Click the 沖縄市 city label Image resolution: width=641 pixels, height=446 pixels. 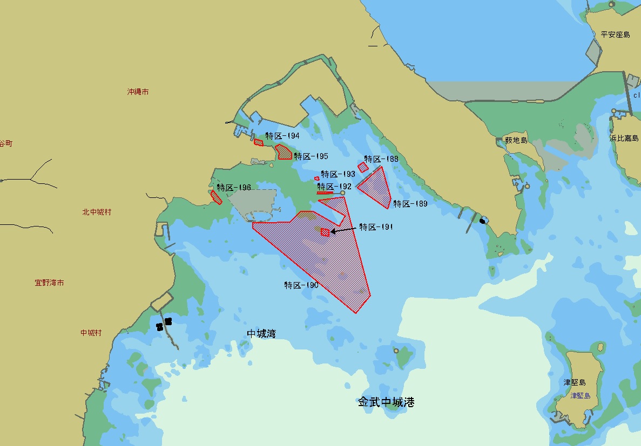coord(138,92)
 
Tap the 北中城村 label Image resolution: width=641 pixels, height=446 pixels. coord(97,212)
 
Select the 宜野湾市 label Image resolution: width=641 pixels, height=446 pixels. coord(49,283)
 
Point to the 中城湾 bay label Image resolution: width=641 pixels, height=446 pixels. coord(261,334)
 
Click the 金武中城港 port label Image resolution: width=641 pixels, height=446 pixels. coord(386,402)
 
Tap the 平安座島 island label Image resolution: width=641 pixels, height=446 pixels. coord(615,35)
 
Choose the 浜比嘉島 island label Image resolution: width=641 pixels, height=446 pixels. coord(624,138)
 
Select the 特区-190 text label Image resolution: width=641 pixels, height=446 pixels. coord(301,285)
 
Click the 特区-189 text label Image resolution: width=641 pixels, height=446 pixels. coord(410,204)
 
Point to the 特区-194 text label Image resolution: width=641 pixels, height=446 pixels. coord(282,136)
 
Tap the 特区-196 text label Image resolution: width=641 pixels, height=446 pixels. coord(234,188)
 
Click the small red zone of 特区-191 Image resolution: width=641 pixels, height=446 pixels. coord(325,232)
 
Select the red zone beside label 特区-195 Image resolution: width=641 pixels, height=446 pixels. coord(284,152)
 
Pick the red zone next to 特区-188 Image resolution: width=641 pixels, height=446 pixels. coord(363,167)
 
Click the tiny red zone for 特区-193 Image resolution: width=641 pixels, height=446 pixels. coord(317,179)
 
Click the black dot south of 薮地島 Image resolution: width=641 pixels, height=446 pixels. coord(482,221)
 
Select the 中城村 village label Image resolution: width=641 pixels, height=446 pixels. coord(91,333)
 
